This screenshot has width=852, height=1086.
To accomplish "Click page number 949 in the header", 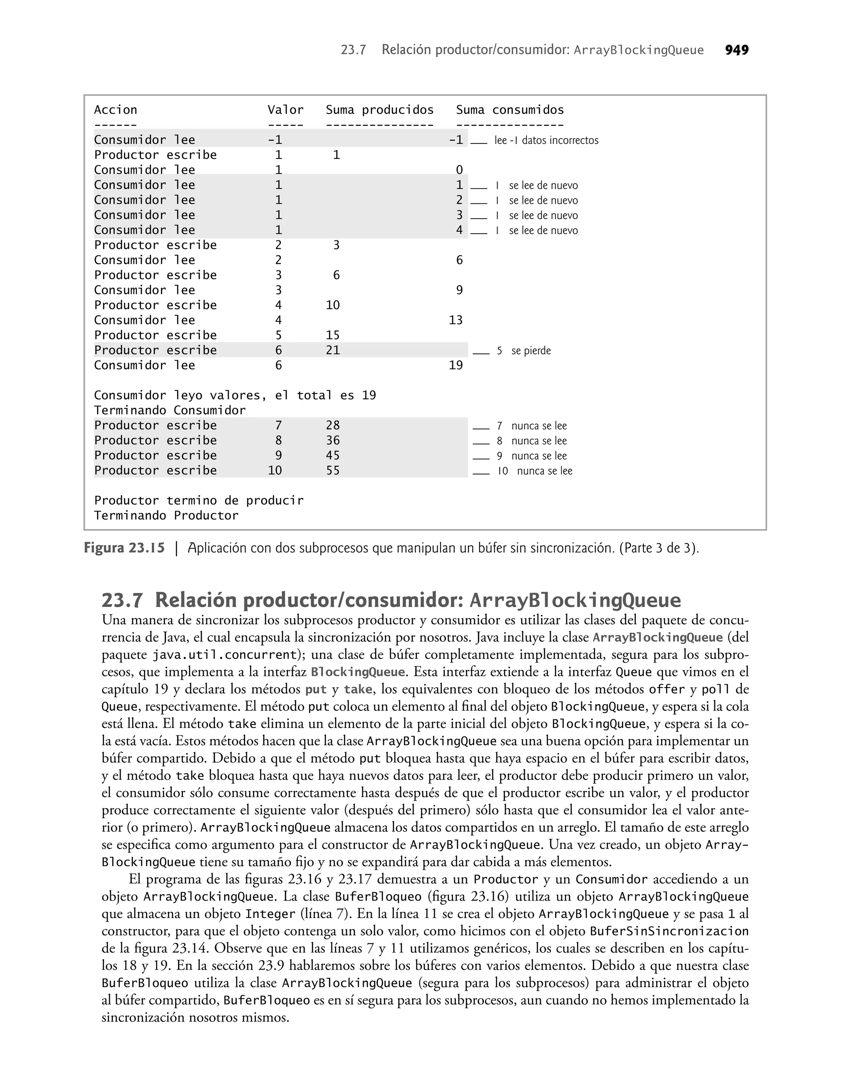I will tap(736, 50).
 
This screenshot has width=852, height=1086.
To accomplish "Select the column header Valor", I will tap(285, 110).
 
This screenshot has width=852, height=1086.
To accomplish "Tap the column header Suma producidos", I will tap(379, 110).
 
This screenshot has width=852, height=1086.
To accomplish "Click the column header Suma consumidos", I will tap(510, 110).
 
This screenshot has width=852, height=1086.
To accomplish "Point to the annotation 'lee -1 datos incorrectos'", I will tap(546, 141).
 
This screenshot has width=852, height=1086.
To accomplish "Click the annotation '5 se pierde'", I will tap(524, 351).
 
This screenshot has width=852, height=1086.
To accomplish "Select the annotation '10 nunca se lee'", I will tap(535, 471).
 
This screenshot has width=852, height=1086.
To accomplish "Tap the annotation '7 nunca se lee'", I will tap(532, 426).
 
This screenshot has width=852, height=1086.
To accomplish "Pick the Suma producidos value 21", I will tap(333, 350).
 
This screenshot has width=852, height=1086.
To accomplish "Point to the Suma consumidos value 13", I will tap(456, 320).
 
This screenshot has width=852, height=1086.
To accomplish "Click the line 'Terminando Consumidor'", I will tap(170, 411).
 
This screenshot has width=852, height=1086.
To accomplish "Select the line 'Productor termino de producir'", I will tap(198, 501).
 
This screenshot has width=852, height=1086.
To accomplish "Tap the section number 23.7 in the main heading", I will tap(122, 600).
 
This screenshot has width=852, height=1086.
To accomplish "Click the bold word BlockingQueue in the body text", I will tap(357, 672).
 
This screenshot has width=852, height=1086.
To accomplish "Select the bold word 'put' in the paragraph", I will tap(316, 690).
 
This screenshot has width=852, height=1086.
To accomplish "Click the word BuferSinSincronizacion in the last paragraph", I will tap(669, 931).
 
